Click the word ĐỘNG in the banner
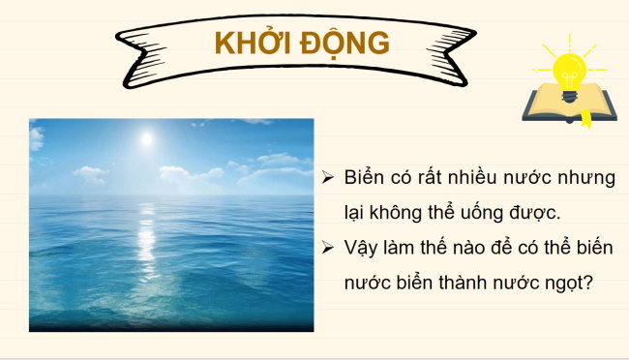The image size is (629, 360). pos(346,43)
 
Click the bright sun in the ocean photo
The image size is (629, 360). pos(146,138)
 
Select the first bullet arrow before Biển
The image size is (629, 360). pos(328,178)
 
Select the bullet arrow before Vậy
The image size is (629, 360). pos(328,248)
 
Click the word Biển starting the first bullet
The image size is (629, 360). pos(364,179)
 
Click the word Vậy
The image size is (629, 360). pos(361,248)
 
